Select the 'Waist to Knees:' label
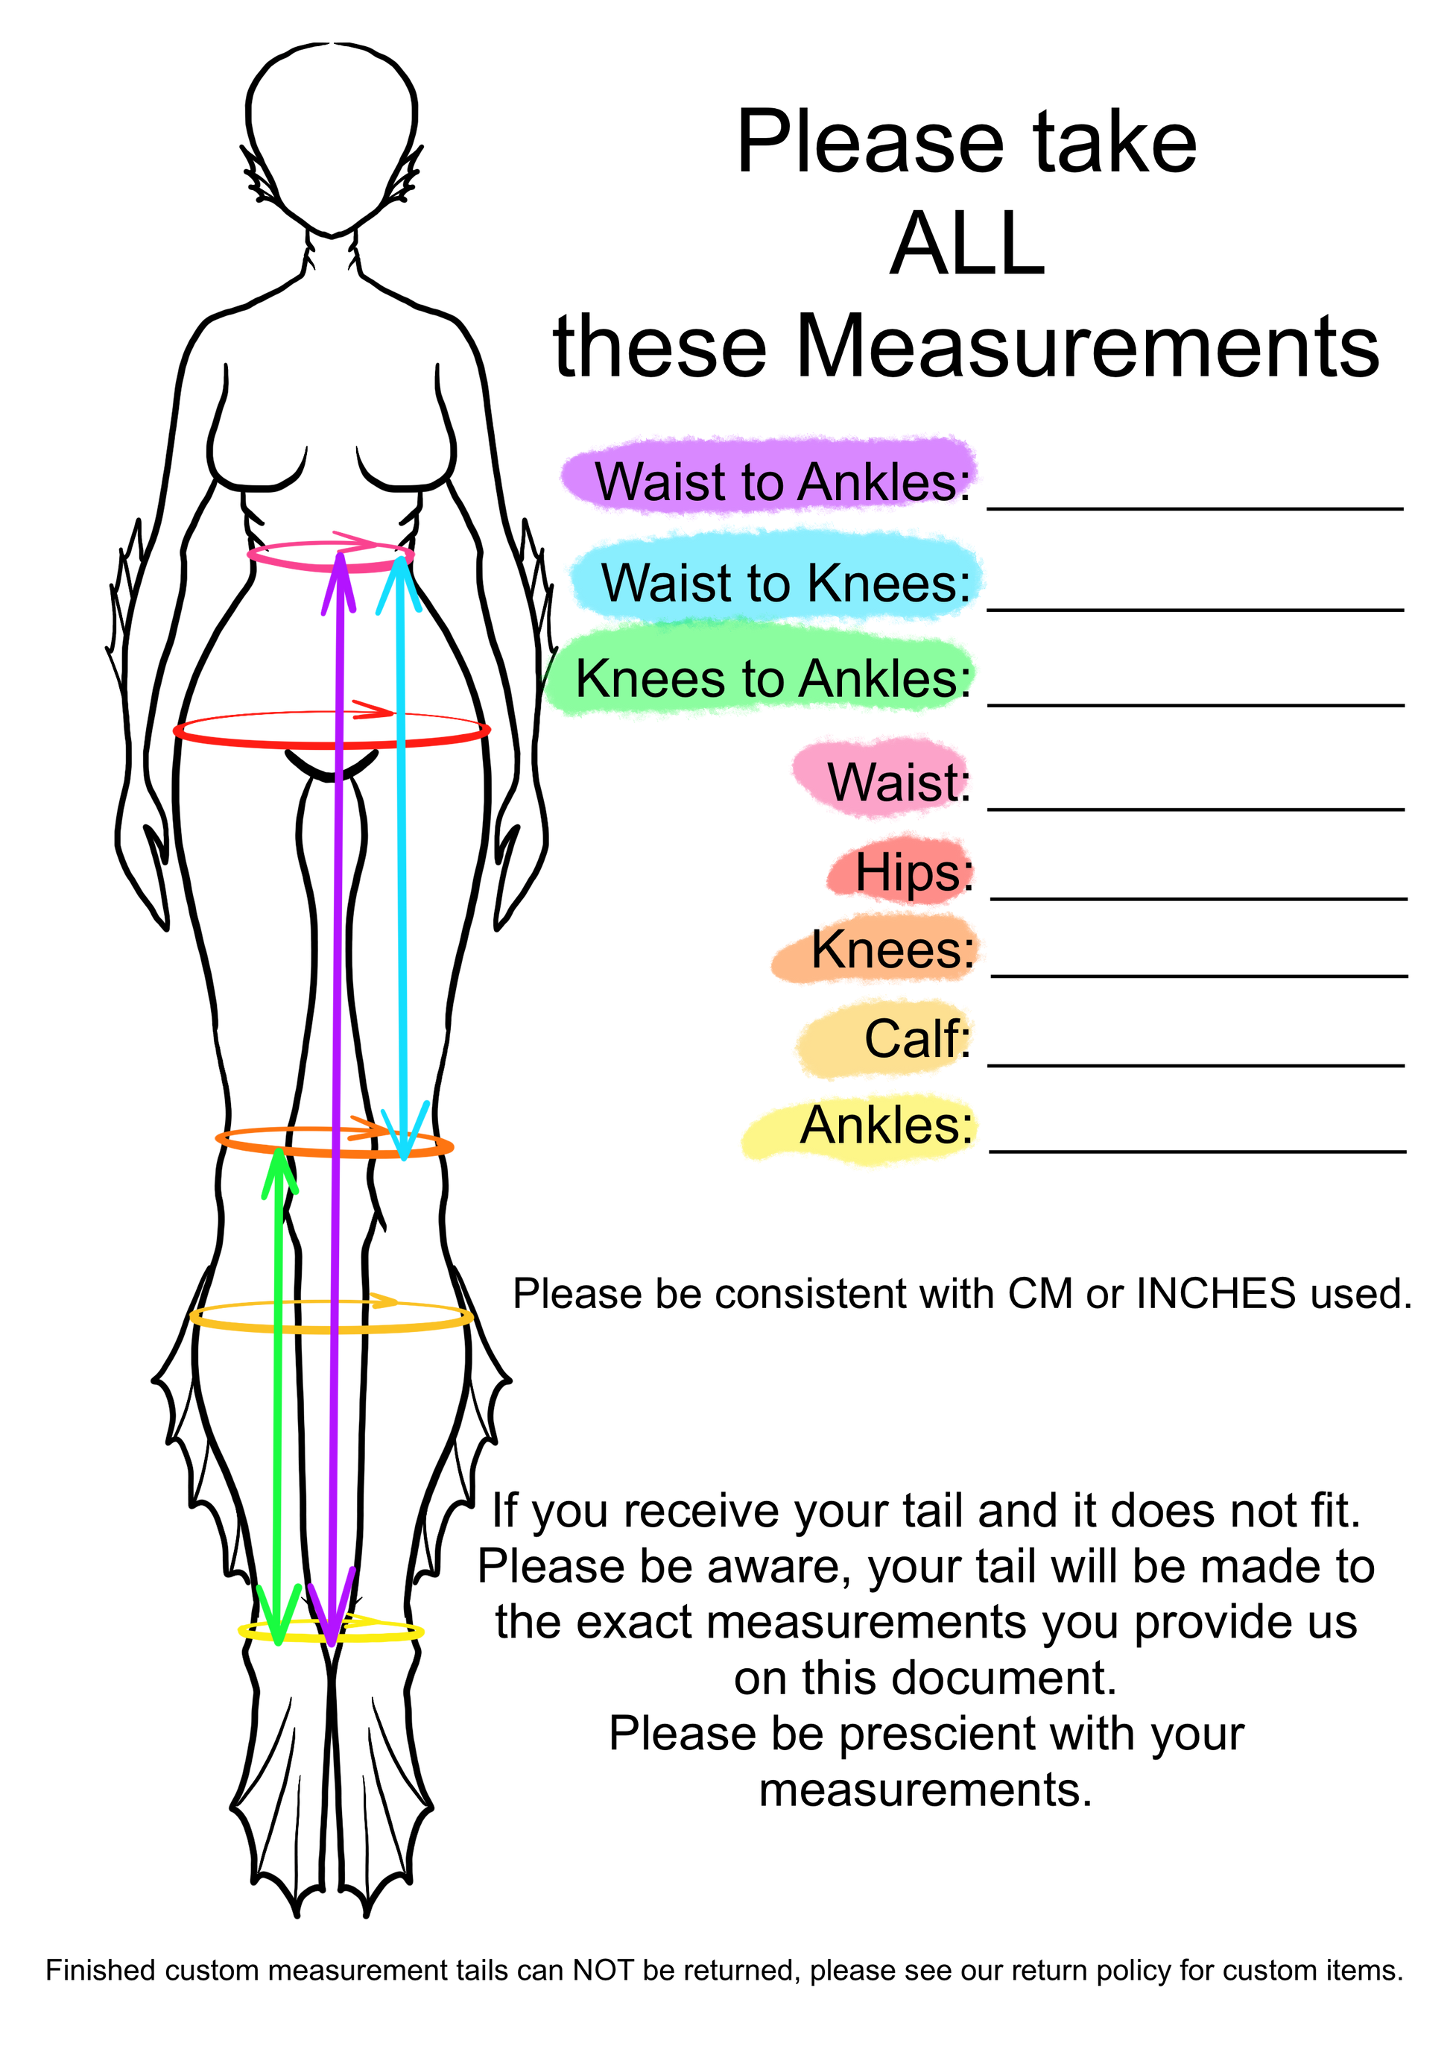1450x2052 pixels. pyautogui.click(x=785, y=583)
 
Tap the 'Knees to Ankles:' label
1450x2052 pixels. pyautogui.click(x=773, y=678)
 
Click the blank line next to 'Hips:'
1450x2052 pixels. pyautogui.click(x=1199, y=898)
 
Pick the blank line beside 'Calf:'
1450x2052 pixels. pyautogui.click(x=1196, y=1065)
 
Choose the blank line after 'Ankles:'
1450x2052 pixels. pyautogui.click(x=1198, y=1151)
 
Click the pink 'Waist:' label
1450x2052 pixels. pyautogui.click(x=898, y=782)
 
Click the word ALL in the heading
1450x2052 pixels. pyautogui.click(x=968, y=243)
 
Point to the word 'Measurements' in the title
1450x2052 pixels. pyautogui.click(x=1087, y=346)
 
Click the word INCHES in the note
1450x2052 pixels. pyautogui.click(x=1216, y=1294)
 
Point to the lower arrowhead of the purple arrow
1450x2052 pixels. pyautogui.click(x=332, y=1611)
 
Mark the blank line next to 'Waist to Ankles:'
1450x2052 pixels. pyautogui.click(x=1195, y=508)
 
